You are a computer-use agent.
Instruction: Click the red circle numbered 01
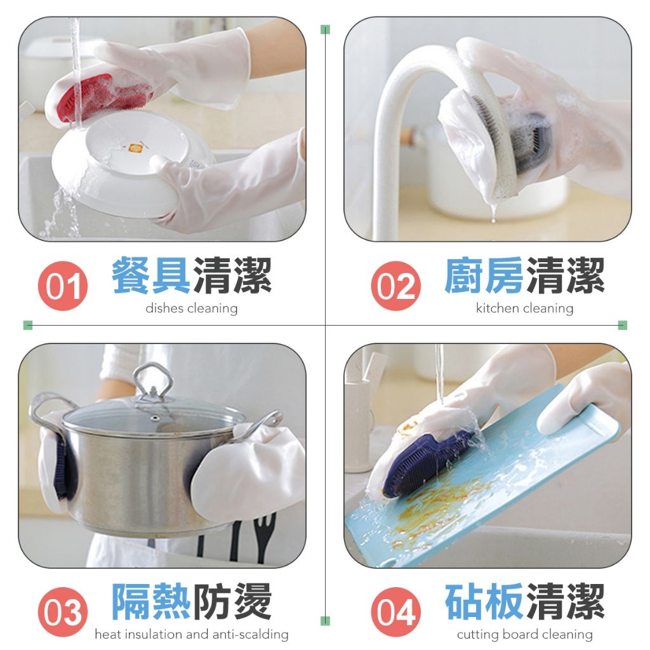pos(63,286)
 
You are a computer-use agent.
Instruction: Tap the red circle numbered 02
pos(395,286)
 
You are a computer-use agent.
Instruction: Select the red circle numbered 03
pos(63,611)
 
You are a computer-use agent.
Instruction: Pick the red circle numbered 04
pos(395,611)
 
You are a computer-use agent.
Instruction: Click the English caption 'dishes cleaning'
pos(192,308)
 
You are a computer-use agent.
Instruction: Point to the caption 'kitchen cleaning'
pos(524,308)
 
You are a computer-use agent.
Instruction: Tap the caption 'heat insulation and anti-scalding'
pos(192,634)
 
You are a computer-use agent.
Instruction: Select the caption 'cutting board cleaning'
pos(525,634)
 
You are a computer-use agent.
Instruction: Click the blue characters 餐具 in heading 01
pos(151,275)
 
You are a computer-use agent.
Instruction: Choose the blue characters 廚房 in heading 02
pos(483,275)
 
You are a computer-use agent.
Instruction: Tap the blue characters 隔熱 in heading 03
pos(151,601)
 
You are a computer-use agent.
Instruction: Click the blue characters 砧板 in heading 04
pos(483,601)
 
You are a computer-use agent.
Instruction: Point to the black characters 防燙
pos(232,601)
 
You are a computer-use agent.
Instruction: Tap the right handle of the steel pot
pos(265,422)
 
